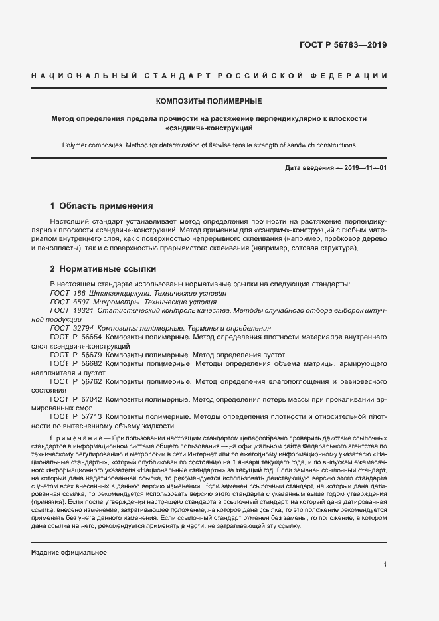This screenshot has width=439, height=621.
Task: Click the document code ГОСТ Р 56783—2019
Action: pos(344,46)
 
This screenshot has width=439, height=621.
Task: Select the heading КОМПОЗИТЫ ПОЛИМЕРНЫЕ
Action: pos(209,102)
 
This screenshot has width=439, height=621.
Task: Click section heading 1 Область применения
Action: pos(102,206)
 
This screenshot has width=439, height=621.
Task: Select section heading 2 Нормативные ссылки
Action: pos(103,270)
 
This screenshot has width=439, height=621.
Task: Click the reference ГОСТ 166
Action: pos(67,293)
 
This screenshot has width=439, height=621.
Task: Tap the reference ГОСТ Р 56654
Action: pos(76,337)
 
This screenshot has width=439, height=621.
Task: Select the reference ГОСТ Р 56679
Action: pos(76,355)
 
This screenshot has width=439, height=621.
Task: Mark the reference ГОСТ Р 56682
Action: pos(76,364)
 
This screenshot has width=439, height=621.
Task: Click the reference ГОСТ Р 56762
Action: pos(76,382)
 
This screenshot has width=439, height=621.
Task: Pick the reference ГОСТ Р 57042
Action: pos(76,400)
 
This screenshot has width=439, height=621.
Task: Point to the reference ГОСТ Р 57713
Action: pos(76,417)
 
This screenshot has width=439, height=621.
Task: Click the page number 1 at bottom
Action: pos(385,565)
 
